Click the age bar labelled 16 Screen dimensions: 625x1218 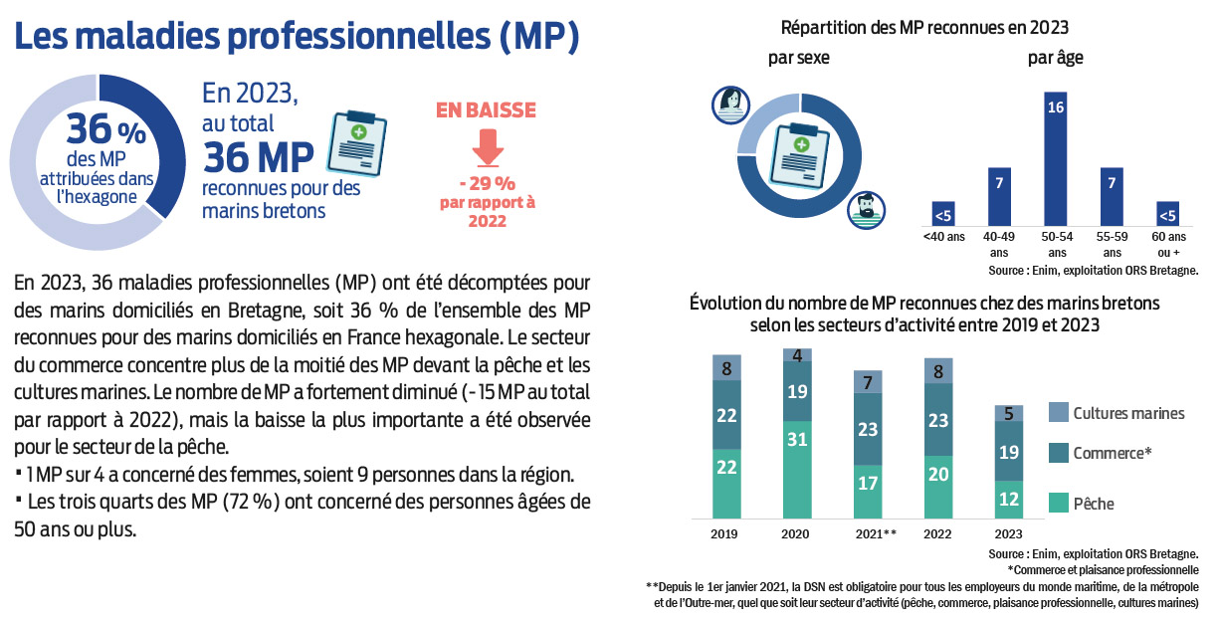point(1056,158)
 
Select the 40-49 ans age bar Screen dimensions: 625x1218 point(998,196)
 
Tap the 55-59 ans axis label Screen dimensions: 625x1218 point(1113,246)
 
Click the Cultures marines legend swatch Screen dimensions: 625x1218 point(1059,413)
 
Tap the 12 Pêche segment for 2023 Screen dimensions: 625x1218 point(1008,500)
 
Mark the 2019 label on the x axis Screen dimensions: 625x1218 point(725,533)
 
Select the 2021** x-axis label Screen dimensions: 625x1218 point(876,533)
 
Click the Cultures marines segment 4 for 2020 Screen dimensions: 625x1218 point(797,354)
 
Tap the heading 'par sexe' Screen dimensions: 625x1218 point(798,58)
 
